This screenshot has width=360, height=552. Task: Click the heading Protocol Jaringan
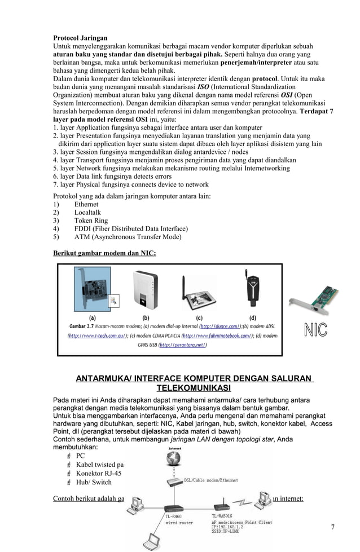click(80, 38)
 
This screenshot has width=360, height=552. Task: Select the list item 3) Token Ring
click(91, 220)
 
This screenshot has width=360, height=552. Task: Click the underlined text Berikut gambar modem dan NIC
click(104, 253)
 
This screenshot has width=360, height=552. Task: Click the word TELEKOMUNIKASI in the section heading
click(194, 388)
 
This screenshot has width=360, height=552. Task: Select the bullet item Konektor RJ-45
click(99, 474)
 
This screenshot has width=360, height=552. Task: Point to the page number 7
click(332, 527)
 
